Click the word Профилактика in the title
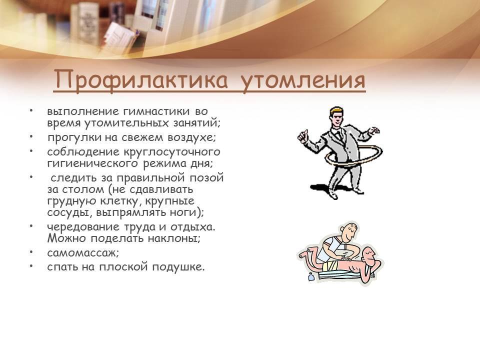click(141, 80)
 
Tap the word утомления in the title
click(303, 80)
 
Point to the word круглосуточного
click(171, 152)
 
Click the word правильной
click(151, 178)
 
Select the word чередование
click(83, 227)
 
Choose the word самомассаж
click(81, 253)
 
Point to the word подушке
click(178, 267)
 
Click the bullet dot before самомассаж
click(31, 252)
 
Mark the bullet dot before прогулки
click(31, 136)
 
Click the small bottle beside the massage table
click(311, 277)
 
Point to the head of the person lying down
click(371, 256)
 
